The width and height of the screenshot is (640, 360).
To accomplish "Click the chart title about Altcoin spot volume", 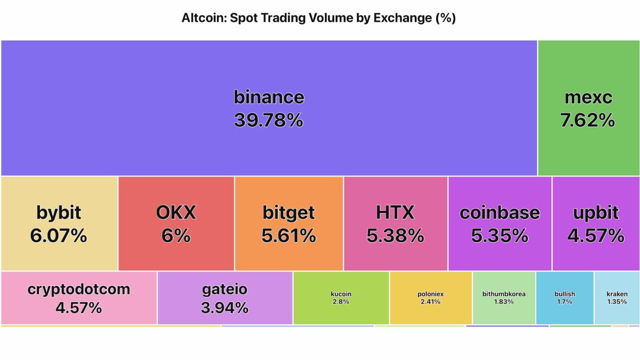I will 318,18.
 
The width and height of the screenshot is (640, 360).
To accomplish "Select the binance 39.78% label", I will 269,109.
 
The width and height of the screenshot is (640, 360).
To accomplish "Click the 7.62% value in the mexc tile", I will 587,120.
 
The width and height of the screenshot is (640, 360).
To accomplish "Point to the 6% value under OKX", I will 176,236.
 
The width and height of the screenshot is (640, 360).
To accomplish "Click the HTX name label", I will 395,212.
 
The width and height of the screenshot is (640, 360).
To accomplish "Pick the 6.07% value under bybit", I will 59,236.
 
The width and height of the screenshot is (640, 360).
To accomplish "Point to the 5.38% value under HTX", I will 395,236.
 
